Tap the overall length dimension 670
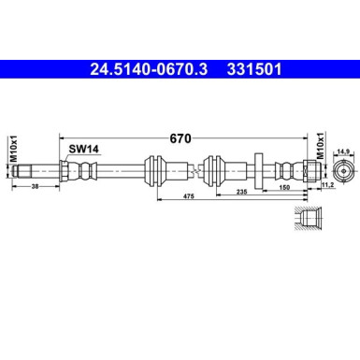[x=180, y=138]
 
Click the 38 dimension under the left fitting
[x=35, y=187]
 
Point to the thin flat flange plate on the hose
[x=256, y=171]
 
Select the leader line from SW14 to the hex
[x=71, y=158]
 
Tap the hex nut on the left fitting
[x=65, y=171]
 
